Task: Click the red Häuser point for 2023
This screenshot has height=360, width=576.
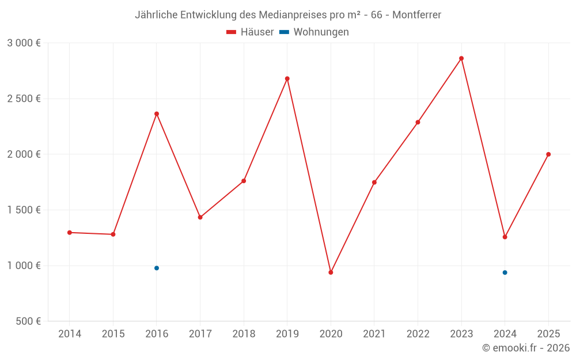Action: [x=461, y=58]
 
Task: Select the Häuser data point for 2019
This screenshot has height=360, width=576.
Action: [x=287, y=78]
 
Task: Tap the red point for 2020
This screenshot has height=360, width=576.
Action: [x=331, y=272]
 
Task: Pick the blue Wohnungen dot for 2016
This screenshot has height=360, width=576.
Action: [x=157, y=268]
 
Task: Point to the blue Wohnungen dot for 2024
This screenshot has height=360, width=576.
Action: [x=505, y=272]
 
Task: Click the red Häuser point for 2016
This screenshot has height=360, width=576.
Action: [x=157, y=113]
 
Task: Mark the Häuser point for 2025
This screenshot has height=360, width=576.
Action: [x=548, y=154]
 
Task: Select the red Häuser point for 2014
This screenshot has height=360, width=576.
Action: [x=70, y=233]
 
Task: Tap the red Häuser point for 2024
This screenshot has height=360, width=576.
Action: [x=505, y=237]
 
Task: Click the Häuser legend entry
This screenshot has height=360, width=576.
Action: [x=250, y=32]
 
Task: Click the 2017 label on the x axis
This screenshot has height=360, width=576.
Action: [x=200, y=334]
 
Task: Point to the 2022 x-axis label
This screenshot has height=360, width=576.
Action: [x=418, y=334]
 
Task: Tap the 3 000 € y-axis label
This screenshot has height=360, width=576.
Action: [x=24, y=43]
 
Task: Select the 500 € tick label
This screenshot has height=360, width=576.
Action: [x=28, y=321]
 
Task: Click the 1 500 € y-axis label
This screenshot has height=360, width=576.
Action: [x=24, y=210]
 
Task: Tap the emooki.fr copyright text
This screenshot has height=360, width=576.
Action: [x=526, y=348]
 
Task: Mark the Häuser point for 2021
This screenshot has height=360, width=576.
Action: [x=374, y=183]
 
